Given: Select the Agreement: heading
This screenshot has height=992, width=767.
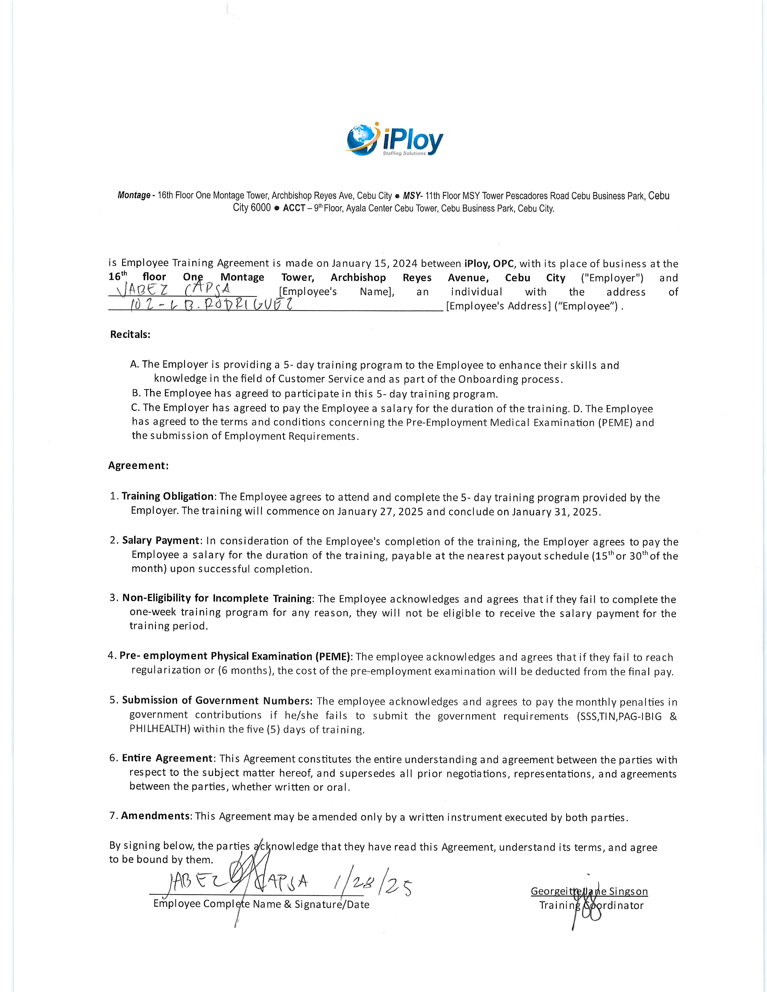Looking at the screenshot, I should pyautogui.click(x=138, y=466).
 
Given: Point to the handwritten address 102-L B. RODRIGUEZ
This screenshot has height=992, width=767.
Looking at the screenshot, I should pyautogui.click(x=211, y=303).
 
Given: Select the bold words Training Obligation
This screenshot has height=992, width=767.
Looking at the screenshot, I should pyautogui.click(x=167, y=497).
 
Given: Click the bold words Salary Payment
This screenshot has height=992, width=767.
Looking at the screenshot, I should pyautogui.click(x=161, y=540).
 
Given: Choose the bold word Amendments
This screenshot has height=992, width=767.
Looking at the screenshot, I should pyautogui.click(x=156, y=816).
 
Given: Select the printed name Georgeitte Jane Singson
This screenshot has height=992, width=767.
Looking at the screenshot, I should pyautogui.click(x=589, y=891).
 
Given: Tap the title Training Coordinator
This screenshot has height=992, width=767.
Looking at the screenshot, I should pyautogui.click(x=591, y=905).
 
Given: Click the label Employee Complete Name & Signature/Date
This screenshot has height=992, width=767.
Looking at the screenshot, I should pyautogui.click(x=261, y=904).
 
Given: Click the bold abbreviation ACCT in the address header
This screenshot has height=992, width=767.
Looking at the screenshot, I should pyautogui.click(x=294, y=209).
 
